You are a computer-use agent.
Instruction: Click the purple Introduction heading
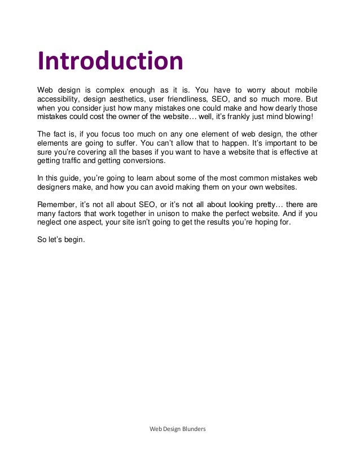tap(110, 61)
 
